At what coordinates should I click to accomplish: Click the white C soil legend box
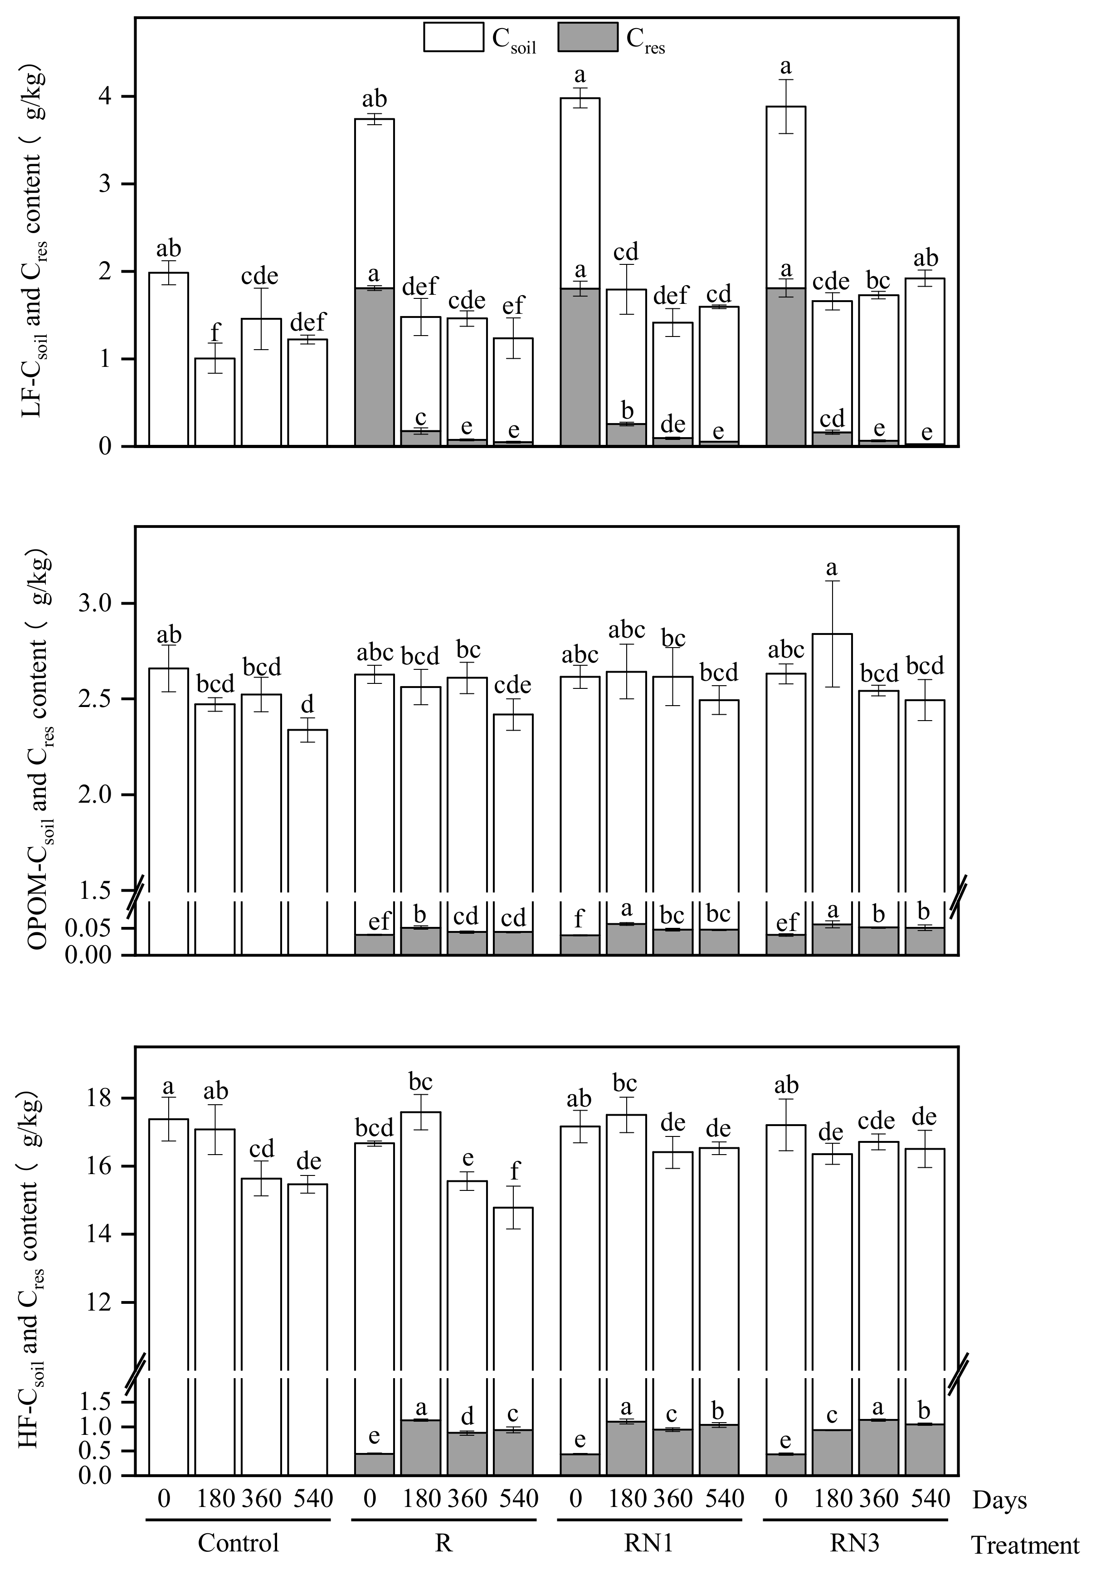[453, 37]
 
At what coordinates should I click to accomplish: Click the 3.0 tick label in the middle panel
[101, 604]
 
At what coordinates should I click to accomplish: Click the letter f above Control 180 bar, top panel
[215, 333]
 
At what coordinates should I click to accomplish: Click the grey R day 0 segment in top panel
[374, 367]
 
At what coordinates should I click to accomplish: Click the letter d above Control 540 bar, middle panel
[308, 704]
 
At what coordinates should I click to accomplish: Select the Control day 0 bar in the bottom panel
[168, 1231]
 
